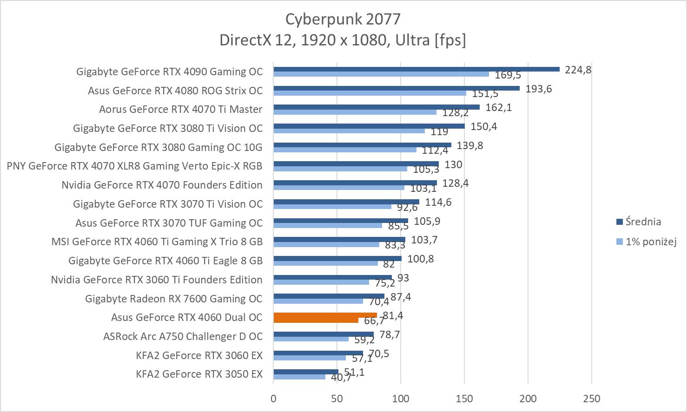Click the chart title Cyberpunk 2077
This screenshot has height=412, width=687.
pos(343,19)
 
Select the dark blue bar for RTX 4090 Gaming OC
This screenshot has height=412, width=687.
pos(416,69)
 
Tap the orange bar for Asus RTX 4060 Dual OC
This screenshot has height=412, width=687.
pos(325,315)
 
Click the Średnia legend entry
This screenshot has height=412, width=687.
pos(643,222)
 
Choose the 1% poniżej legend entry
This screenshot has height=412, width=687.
pos(650,242)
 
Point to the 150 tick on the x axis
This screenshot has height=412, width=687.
pos(464,399)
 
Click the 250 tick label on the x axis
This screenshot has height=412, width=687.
pos(591,399)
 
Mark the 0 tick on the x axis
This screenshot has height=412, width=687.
pos(273,399)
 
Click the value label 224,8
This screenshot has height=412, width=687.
pos(578,70)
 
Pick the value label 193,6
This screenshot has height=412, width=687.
pos(538,89)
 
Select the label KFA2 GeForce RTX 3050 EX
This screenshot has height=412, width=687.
pos(199,374)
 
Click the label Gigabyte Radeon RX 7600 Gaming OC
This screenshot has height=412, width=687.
pos(173,299)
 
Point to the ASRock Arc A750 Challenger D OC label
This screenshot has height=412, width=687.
pos(183,336)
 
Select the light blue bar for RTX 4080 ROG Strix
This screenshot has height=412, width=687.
pos(370,93)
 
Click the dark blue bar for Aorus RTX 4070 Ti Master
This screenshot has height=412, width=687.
pos(377,107)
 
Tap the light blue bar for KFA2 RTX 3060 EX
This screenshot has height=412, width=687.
pos(310,358)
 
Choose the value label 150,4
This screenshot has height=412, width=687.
pos(483,126)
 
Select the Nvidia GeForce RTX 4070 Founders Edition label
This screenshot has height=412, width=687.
pos(162,185)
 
